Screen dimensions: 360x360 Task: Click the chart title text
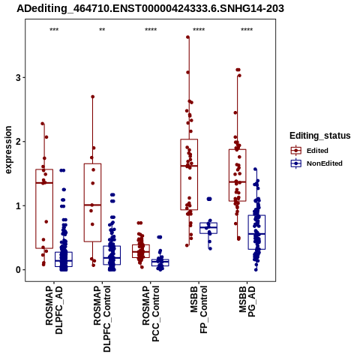[150, 8]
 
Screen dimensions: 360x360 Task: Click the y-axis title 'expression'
[8, 150]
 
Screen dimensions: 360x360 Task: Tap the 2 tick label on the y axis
[18, 142]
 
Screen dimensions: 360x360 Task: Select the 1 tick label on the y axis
[18, 205]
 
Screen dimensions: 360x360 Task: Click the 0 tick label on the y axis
[18, 270]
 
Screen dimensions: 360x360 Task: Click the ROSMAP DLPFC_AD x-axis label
[54, 310]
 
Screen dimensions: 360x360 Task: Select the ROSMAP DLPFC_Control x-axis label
[102, 319]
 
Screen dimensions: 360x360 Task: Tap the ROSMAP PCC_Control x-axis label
[151, 313]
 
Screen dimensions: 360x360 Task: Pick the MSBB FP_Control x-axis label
[199, 310]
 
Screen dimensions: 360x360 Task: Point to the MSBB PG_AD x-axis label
[247, 301]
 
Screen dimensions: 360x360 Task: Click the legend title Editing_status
[320, 136]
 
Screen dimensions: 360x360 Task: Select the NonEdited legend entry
[316, 163]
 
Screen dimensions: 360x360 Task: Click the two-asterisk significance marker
[102, 30]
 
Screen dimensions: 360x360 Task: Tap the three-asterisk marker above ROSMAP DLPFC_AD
[54, 30]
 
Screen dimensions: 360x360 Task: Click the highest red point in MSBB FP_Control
[188, 37]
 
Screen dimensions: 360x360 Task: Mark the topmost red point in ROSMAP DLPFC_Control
[92, 97]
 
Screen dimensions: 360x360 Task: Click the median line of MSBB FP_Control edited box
[189, 166]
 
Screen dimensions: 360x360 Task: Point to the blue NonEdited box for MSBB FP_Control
[208, 228]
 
